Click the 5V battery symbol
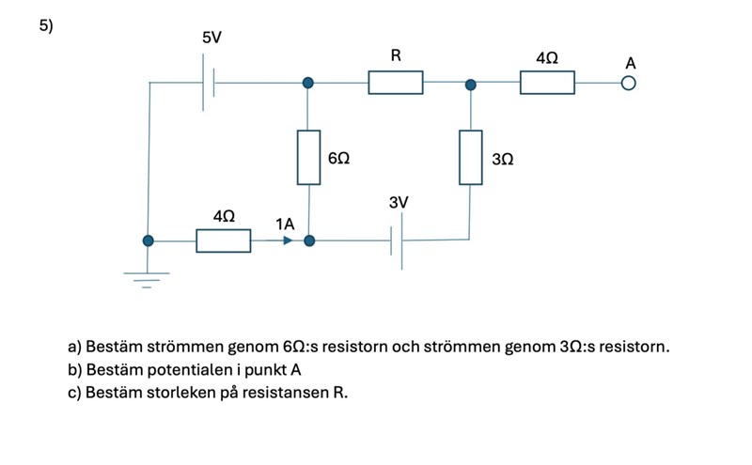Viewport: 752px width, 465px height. [x=209, y=83]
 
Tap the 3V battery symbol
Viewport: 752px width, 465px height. [x=397, y=240]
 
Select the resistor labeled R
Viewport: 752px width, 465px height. [x=396, y=83]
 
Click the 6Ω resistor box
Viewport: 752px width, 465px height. [x=308, y=157]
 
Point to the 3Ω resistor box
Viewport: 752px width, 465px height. [x=471, y=157]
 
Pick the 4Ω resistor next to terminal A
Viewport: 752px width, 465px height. [x=547, y=83]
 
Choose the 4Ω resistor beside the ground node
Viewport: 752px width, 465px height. [x=224, y=240]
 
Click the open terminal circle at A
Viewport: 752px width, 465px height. [x=628, y=84]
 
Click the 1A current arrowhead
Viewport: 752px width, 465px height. [x=287, y=240]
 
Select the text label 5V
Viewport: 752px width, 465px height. [x=212, y=38]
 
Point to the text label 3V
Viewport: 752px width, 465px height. [x=399, y=203]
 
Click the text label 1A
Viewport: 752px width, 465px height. [x=286, y=224]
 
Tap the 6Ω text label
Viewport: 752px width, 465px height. [x=339, y=160]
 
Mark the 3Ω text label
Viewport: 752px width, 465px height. [x=503, y=160]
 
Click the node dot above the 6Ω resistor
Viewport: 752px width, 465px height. [x=308, y=83]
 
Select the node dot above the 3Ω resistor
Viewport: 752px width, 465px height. [x=471, y=84]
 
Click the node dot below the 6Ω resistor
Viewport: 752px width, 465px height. [x=309, y=240]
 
